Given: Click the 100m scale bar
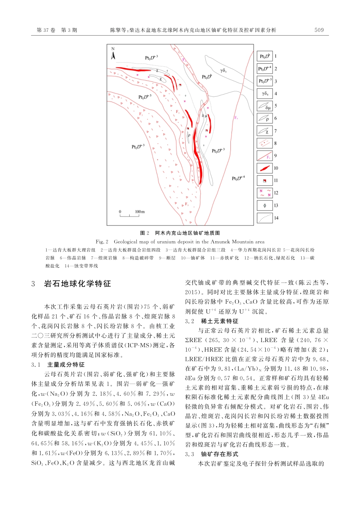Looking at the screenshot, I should tap(129, 215).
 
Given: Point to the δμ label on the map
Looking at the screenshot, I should tap(204, 116).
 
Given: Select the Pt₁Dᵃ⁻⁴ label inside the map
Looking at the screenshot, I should tap(238, 178).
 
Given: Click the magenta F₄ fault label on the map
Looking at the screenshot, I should tap(236, 118).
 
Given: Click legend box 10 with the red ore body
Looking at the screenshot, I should tap(265, 168).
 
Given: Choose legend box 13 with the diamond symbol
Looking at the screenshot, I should tap(265, 205).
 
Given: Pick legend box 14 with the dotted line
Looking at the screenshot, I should tap(265, 218).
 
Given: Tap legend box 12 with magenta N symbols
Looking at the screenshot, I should tap(265, 193).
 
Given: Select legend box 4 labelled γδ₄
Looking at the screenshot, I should tap(265, 94).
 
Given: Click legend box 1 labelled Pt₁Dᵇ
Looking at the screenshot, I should tap(265, 56).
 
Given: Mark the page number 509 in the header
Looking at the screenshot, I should tap(319, 30).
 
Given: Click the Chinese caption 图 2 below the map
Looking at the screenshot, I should tap(145, 233).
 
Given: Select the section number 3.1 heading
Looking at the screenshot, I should tap(36, 365).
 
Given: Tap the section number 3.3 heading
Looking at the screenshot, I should tap(189, 454).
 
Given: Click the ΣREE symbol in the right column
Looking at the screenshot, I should tap(194, 340).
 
